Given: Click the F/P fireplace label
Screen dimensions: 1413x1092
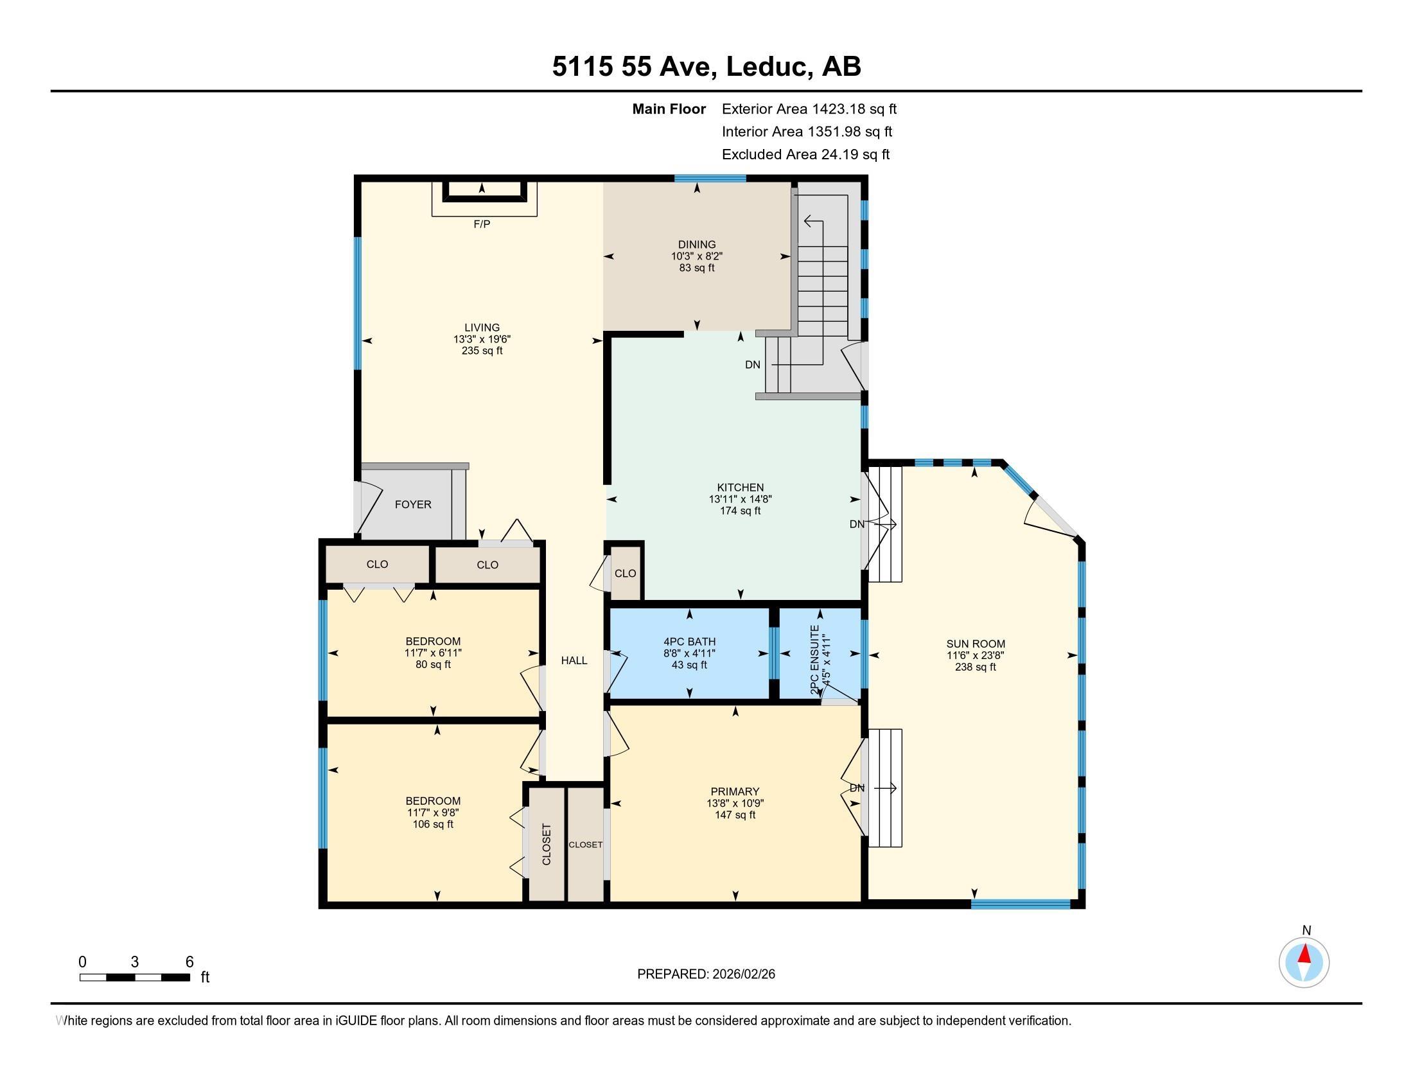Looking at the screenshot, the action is point(482,224).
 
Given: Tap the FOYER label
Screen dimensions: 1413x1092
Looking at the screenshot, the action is point(413,505).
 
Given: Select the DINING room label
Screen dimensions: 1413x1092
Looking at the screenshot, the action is point(697,245).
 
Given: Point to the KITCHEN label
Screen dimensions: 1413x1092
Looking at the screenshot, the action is point(740,488).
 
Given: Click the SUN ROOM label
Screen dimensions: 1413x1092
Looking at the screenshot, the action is point(976,644).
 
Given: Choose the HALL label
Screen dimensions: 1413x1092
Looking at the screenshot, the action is point(574,660).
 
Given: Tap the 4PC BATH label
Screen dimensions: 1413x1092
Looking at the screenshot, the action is point(690,642).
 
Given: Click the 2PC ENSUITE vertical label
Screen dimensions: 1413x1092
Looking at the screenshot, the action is point(814,660).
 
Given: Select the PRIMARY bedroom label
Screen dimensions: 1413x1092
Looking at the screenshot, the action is point(735,792).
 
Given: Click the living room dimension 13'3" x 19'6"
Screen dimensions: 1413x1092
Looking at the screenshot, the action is point(482,339).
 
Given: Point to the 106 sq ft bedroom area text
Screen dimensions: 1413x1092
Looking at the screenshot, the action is point(433,824).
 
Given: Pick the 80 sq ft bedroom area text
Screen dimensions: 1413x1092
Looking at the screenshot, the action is point(433,664).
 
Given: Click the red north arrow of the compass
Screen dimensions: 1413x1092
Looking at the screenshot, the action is point(1304,954).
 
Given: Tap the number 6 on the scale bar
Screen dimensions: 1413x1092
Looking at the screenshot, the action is point(189,962).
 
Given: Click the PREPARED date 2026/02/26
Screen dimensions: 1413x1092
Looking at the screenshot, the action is point(742,974).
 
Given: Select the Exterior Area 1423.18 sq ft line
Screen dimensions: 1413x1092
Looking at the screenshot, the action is point(809,109).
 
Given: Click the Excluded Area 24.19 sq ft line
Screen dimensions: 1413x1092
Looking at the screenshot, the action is point(805,155).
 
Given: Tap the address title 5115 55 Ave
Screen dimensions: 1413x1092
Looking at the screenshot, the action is point(634,67).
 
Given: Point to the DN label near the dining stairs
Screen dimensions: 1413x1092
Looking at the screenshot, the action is point(753,365).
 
